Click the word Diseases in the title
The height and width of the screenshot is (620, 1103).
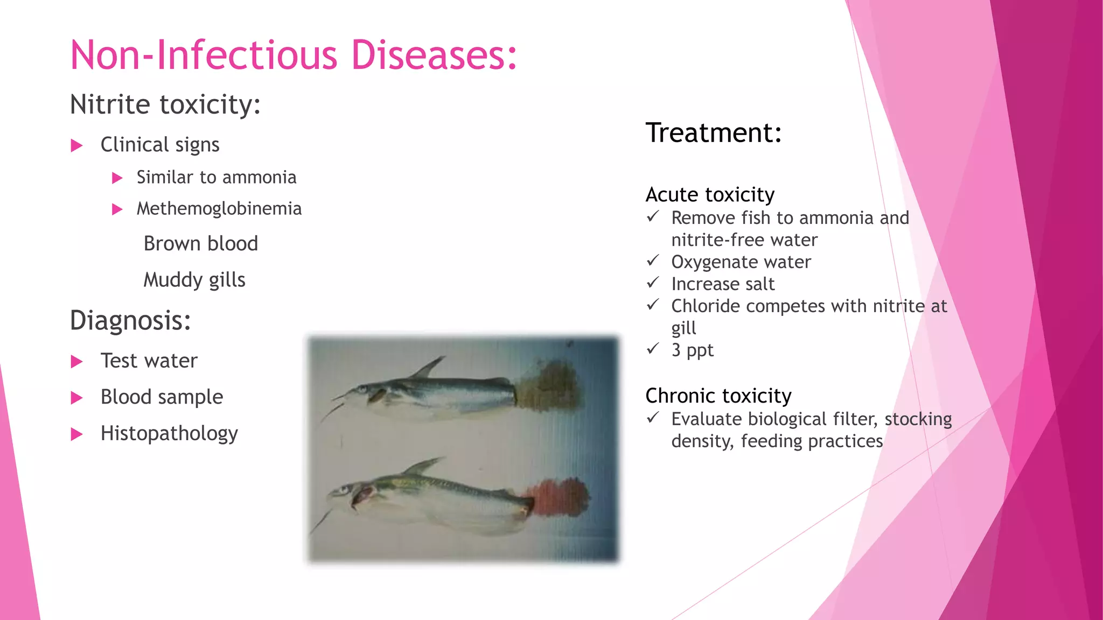[434, 55]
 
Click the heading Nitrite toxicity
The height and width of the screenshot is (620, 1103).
[165, 104]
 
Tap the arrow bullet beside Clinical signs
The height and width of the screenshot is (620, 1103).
[77, 145]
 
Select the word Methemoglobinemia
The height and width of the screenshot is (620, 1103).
[219, 209]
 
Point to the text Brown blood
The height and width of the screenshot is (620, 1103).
[200, 244]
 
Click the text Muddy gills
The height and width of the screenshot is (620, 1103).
[194, 280]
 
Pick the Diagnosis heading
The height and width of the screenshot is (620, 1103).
[130, 321]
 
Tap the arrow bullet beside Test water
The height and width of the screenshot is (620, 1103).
[77, 362]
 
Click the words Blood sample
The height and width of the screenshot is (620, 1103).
[162, 397]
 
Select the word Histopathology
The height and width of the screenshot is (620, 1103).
[169, 433]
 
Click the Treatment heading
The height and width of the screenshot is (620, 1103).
[714, 133]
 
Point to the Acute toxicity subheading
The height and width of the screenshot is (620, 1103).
[710, 195]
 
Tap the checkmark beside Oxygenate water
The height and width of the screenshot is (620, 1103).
[653, 261]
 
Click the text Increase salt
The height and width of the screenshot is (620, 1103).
[723, 284]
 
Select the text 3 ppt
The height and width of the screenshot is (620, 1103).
[692, 350]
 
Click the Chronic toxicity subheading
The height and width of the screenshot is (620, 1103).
[718, 396]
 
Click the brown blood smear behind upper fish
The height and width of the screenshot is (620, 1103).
[549, 386]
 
